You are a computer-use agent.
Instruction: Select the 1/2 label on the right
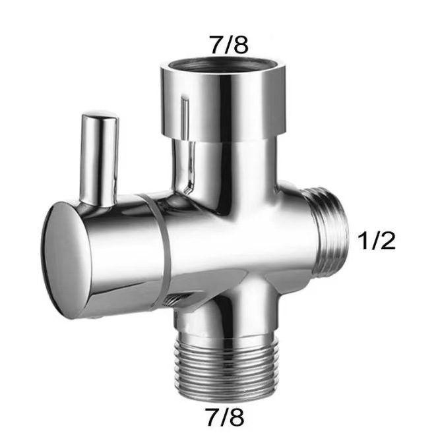[x=376, y=241]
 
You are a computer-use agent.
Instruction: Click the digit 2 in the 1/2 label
[x=387, y=241]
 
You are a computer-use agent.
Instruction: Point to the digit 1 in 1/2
[x=363, y=241]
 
